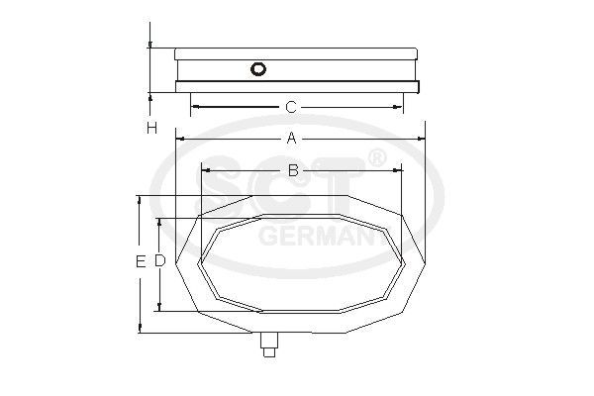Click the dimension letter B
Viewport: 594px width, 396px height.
293,171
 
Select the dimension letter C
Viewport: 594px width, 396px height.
291,106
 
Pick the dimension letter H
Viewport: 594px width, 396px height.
150,128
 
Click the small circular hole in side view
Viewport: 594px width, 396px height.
259,69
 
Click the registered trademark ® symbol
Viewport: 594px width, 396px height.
377,158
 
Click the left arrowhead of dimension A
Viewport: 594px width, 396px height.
179,140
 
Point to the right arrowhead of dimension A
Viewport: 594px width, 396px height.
421,140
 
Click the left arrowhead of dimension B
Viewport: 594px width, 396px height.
204,171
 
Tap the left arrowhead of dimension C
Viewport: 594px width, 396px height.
194,106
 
